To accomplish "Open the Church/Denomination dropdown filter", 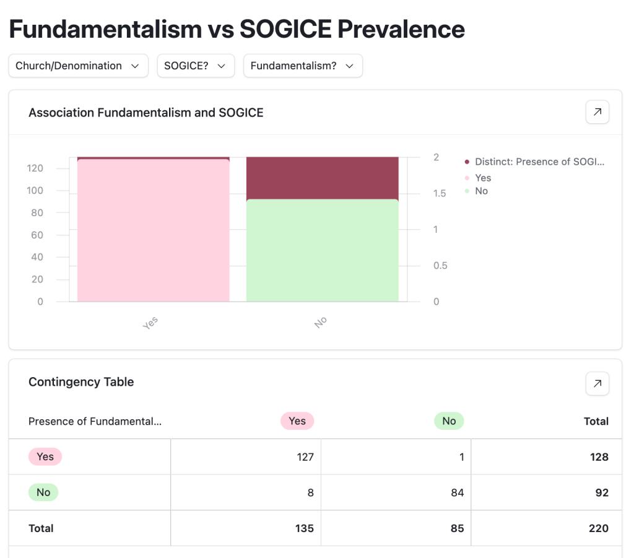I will (x=78, y=66).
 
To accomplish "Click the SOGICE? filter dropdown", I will (x=196, y=66).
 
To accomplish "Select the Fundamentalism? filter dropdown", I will (x=303, y=66).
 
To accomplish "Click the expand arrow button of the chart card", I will (x=597, y=112).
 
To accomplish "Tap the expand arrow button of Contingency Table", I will (x=597, y=383).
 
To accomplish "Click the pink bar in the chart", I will (x=154, y=230).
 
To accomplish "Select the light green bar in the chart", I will (x=322, y=250).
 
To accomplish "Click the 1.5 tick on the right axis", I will (x=439, y=193).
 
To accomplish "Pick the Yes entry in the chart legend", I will (x=483, y=178).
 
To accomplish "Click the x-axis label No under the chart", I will (x=320, y=322).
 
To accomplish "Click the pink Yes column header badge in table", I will (x=297, y=421).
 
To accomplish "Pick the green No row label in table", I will (x=43, y=493).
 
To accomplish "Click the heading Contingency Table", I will (x=81, y=382).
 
